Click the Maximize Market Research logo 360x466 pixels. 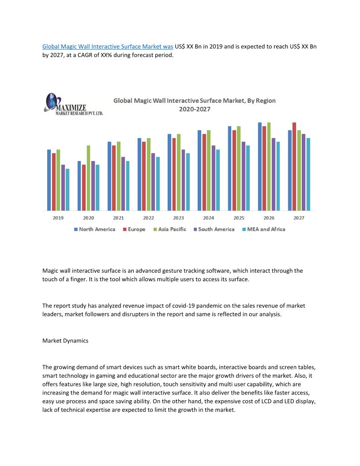click(73, 104)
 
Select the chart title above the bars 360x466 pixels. click(195, 105)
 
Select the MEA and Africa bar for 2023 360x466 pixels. click(188, 182)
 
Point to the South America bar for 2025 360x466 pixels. click(243, 176)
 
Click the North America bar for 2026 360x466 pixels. click(260, 166)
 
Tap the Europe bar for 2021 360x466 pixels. click(114, 178)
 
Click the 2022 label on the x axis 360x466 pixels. click(148, 218)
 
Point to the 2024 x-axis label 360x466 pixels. click(209, 218)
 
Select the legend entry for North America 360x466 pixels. click(94, 229)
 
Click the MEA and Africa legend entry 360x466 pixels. click(263, 229)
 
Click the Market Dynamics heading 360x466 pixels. click(65, 341)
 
